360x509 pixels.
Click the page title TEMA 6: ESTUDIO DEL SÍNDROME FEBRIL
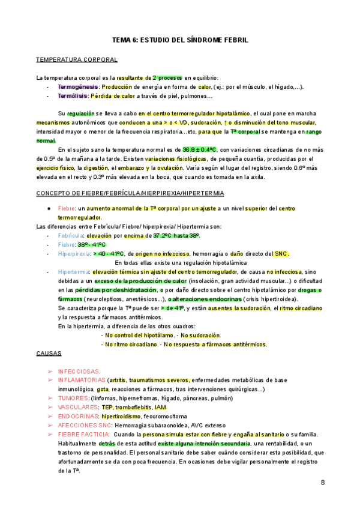180,40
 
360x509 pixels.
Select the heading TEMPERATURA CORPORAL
77,59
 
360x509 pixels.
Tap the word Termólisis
71,95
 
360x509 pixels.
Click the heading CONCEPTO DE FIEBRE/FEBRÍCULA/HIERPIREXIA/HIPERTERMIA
130,193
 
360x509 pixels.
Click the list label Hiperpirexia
74,253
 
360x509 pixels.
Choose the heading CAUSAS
49,354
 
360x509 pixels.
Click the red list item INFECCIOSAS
79,372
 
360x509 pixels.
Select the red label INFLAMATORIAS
82,380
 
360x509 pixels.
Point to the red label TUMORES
73,398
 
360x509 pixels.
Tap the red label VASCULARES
78,407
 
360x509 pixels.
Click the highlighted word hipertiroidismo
121,416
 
